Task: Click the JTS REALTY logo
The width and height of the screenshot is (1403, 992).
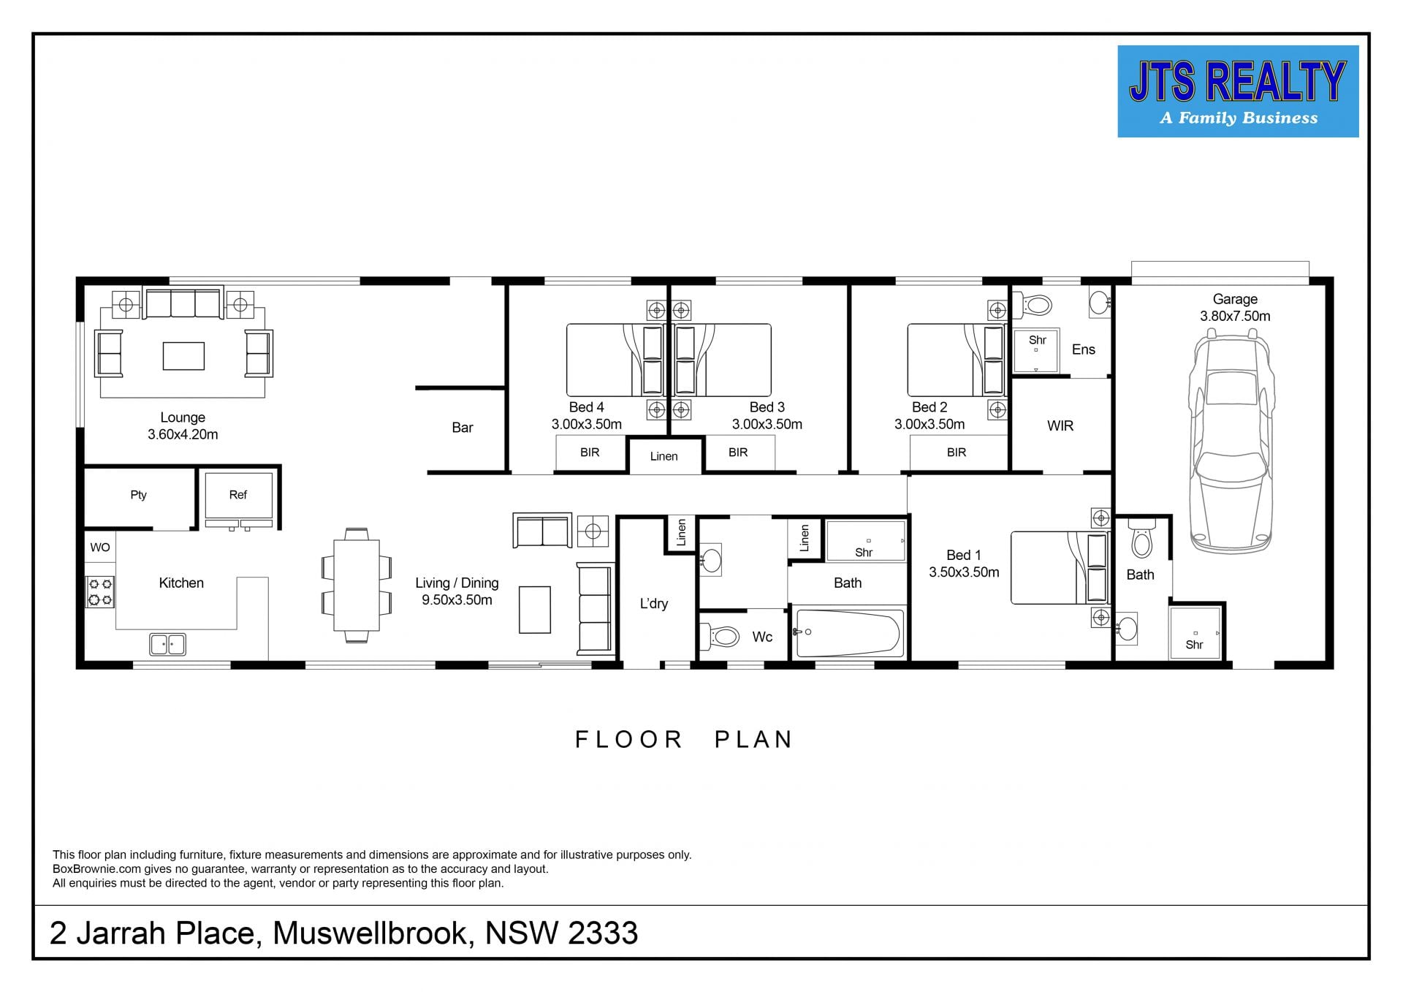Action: [x=1238, y=91]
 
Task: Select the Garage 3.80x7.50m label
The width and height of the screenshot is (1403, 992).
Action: [x=1235, y=308]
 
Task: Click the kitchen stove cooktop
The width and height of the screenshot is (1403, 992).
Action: [x=101, y=592]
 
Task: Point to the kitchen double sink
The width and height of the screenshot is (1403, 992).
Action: [x=167, y=644]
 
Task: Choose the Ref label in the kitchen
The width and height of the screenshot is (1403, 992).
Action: [x=238, y=495]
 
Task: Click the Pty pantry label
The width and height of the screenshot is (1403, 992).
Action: [x=138, y=495]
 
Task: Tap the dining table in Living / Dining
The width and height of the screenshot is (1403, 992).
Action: [x=357, y=585]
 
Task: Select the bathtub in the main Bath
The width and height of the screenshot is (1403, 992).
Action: [x=849, y=634]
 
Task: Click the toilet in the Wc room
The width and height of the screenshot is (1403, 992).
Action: [x=720, y=636]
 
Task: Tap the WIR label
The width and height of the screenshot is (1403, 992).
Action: [x=1060, y=426]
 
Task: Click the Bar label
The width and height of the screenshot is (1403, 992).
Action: [x=463, y=428]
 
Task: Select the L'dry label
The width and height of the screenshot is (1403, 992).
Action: [x=654, y=604]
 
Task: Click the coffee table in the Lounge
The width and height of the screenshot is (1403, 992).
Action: [x=183, y=356]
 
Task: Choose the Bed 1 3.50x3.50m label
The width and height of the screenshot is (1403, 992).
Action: [x=964, y=564]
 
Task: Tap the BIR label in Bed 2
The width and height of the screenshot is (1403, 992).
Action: [x=957, y=453]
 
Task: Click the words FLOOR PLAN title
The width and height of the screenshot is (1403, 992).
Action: [x=684, y=740]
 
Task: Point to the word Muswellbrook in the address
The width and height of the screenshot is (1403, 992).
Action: [x=370, y=933]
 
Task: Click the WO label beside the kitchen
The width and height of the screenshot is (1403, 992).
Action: [x=100, y=548]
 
